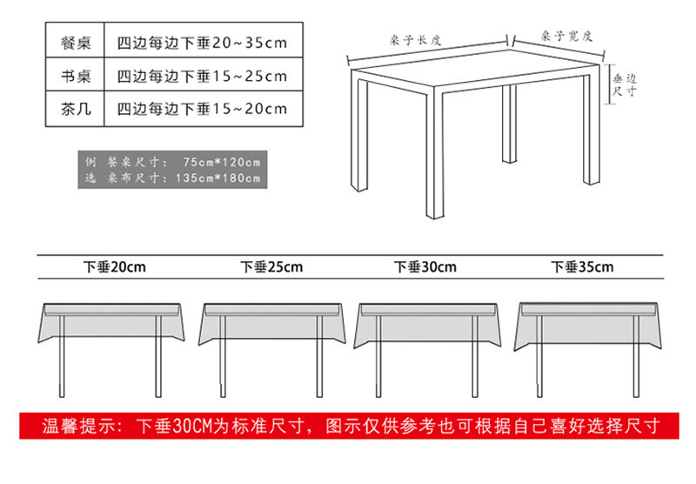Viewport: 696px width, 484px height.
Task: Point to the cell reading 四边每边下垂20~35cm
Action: (x=201, y=42)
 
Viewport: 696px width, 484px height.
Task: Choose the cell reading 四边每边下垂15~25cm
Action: (x=201, y=76)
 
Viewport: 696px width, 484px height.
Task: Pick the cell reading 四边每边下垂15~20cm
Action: (x=201, y=109)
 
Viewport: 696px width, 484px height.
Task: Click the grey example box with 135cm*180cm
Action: (x=174, y=170)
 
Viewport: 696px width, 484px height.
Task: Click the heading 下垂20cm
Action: (x=114, y=267)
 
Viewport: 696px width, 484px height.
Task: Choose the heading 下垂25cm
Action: (x=271, y=267)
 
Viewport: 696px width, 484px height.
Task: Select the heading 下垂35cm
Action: (x=582, y=267)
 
